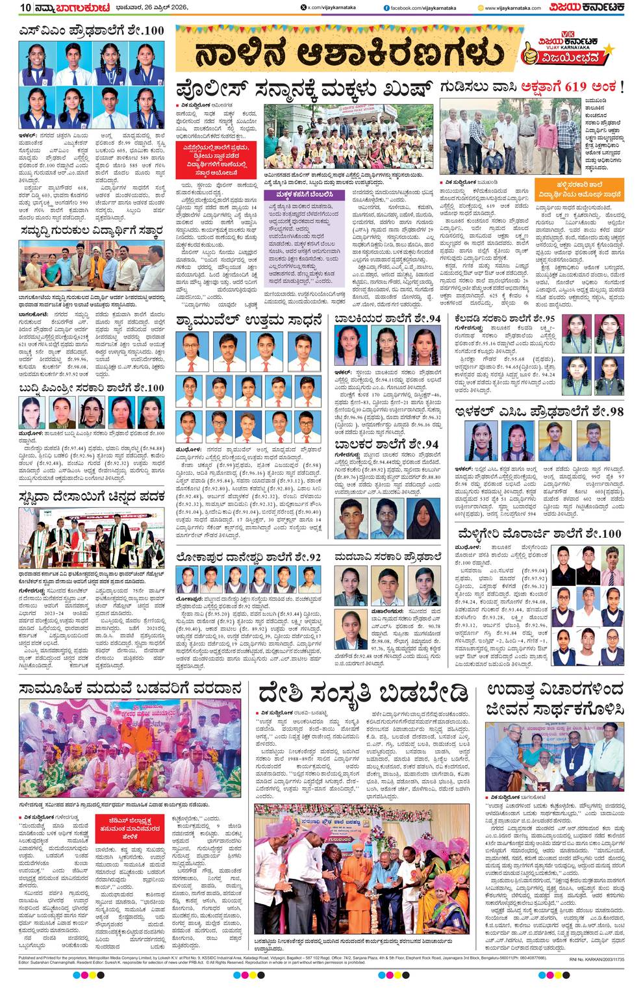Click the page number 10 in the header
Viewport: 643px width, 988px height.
[25, 8]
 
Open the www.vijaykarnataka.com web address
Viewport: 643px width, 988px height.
[513, 8]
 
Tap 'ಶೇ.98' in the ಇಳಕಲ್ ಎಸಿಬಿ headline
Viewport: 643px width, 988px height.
[605, 412]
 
